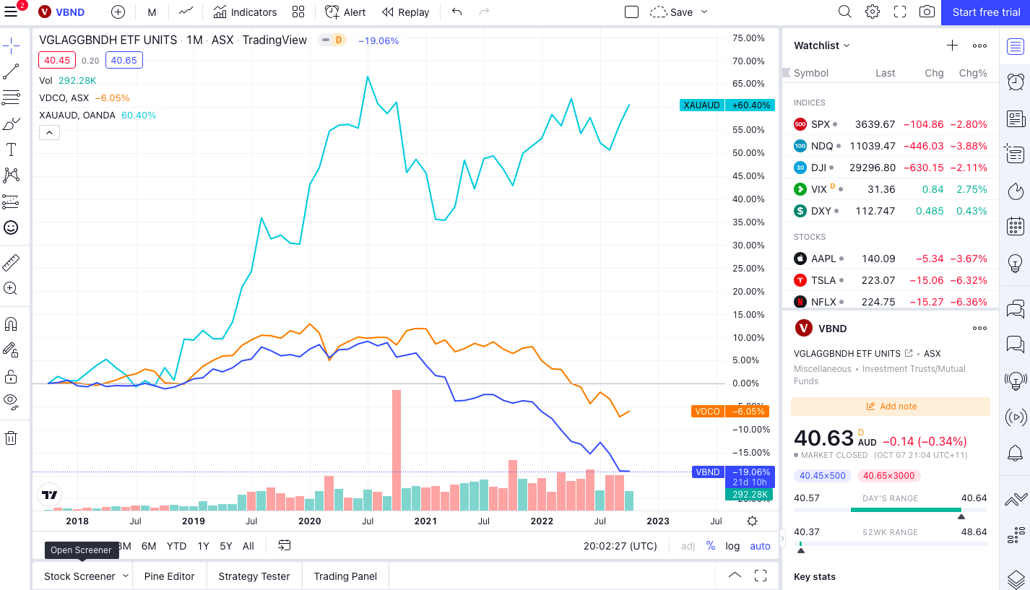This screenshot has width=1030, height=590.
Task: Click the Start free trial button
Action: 986,12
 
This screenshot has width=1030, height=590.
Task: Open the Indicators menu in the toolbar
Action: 245,12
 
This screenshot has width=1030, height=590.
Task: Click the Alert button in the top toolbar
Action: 345,12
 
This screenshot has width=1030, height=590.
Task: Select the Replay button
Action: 405,12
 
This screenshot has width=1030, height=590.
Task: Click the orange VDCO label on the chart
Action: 707,411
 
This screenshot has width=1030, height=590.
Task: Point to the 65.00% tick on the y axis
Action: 748,84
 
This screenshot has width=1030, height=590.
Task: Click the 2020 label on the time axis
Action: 309,521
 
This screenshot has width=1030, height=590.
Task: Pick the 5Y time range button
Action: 226,546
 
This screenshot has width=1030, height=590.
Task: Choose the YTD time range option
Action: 176,546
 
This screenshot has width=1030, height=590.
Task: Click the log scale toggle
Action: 732,546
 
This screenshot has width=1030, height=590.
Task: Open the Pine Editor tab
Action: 169,576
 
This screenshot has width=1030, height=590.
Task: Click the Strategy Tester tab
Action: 254,576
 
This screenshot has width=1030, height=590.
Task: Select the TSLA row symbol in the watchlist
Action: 823,280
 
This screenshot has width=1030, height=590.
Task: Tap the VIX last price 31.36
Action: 880,189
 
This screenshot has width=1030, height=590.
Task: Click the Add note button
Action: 891,407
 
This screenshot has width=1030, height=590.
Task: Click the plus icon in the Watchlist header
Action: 952,45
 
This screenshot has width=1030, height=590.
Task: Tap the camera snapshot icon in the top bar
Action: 926,12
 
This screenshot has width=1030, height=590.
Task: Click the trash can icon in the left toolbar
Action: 12,438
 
